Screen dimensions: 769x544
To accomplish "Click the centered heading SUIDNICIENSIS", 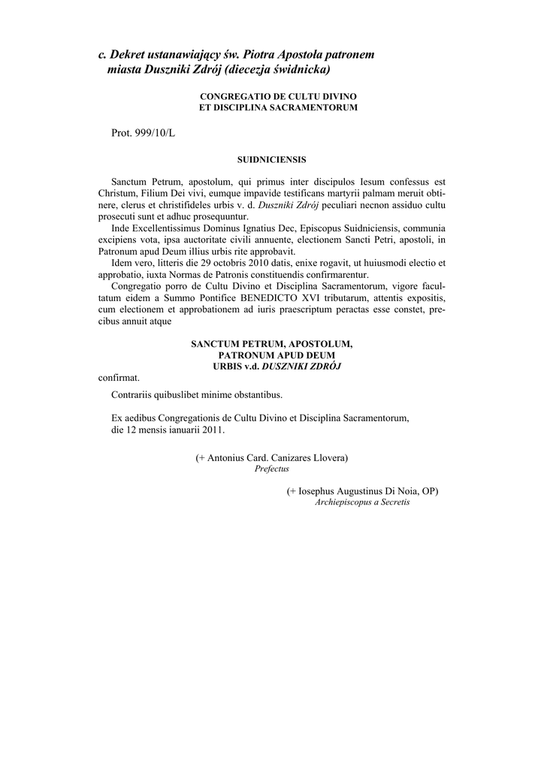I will (x=271, y=159).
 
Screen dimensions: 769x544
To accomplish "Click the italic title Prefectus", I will (x=271, y=469).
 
